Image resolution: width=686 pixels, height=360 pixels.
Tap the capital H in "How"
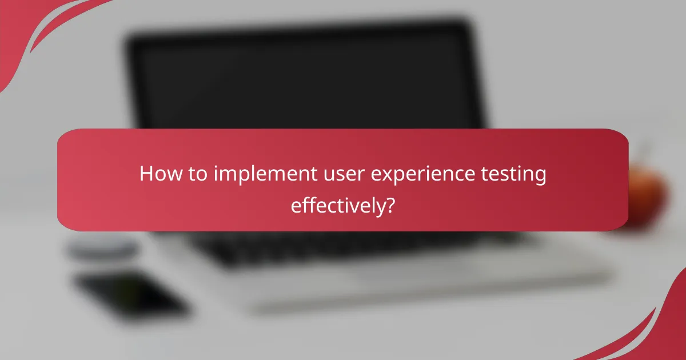[146, 174]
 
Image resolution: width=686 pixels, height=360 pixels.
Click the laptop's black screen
[303, 80]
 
